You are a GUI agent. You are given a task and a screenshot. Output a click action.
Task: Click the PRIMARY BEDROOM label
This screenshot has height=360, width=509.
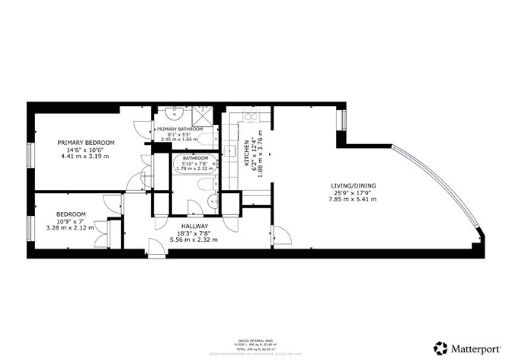(86, 143)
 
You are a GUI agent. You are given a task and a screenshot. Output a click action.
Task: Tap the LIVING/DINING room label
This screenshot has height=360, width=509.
(353, 185)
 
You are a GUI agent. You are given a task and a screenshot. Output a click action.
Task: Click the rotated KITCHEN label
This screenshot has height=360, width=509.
(245, 153)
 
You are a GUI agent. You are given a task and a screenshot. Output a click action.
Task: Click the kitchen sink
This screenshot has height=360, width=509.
(229, 149)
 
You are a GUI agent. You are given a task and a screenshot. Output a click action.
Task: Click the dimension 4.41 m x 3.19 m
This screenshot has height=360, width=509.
(86, 156)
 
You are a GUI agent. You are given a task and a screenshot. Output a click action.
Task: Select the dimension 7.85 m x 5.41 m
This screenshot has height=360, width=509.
(353, 199)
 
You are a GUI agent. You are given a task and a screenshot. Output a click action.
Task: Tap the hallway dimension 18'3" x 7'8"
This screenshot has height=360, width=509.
(194, 233)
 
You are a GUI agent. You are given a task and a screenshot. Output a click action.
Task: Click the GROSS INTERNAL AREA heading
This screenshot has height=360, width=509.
(254, 340)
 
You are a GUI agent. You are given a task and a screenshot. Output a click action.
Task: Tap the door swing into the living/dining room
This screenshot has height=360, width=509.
(280, 235)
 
